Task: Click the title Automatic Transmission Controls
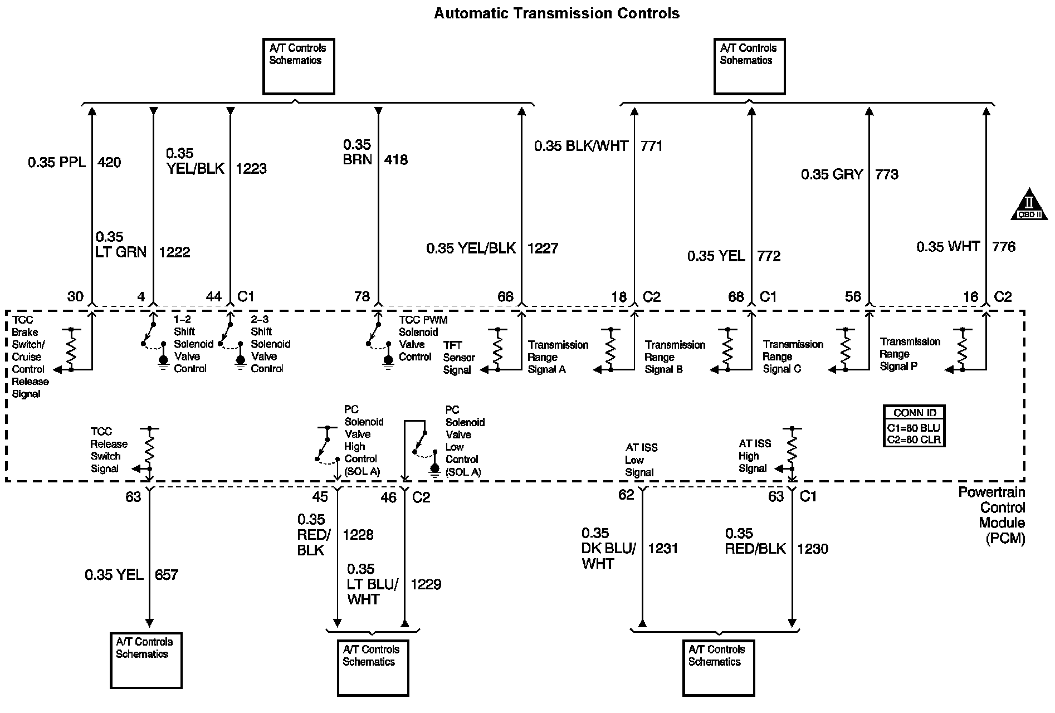pyautogui.click(x=556, y=13)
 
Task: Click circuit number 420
pyautogui.click(x=109, y=163)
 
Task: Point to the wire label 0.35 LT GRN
pyautogui.click(x=120, y=245)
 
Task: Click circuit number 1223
pyautogui.click(x=251, y=169)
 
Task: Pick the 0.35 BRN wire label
pyautogui.click(x=357, y=152)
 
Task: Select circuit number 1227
pyautogui.click(x=543, y=248)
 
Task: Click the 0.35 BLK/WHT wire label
pyautogui.click(x=581, y=146)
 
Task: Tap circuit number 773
pyautogui.click(x=887, y=175)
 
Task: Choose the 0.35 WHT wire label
pyautogui.click(x=948, y=247)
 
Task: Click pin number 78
pyautogui.click(x=362, y=296)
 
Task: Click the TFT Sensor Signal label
pyautogui.click(x=459, y=358)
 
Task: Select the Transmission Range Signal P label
pyautogui.click(x=910, y=354)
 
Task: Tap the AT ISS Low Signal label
pyautogui.click(x=641, y=460)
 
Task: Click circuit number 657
pyautogui.click(x=167, y=575)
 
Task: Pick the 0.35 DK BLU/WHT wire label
pyautogui.click(x=608, y=548)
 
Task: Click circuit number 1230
pyautogui.click(x=812, y=549)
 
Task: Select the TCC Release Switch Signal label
pyautogui.click(x=109, y=450)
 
